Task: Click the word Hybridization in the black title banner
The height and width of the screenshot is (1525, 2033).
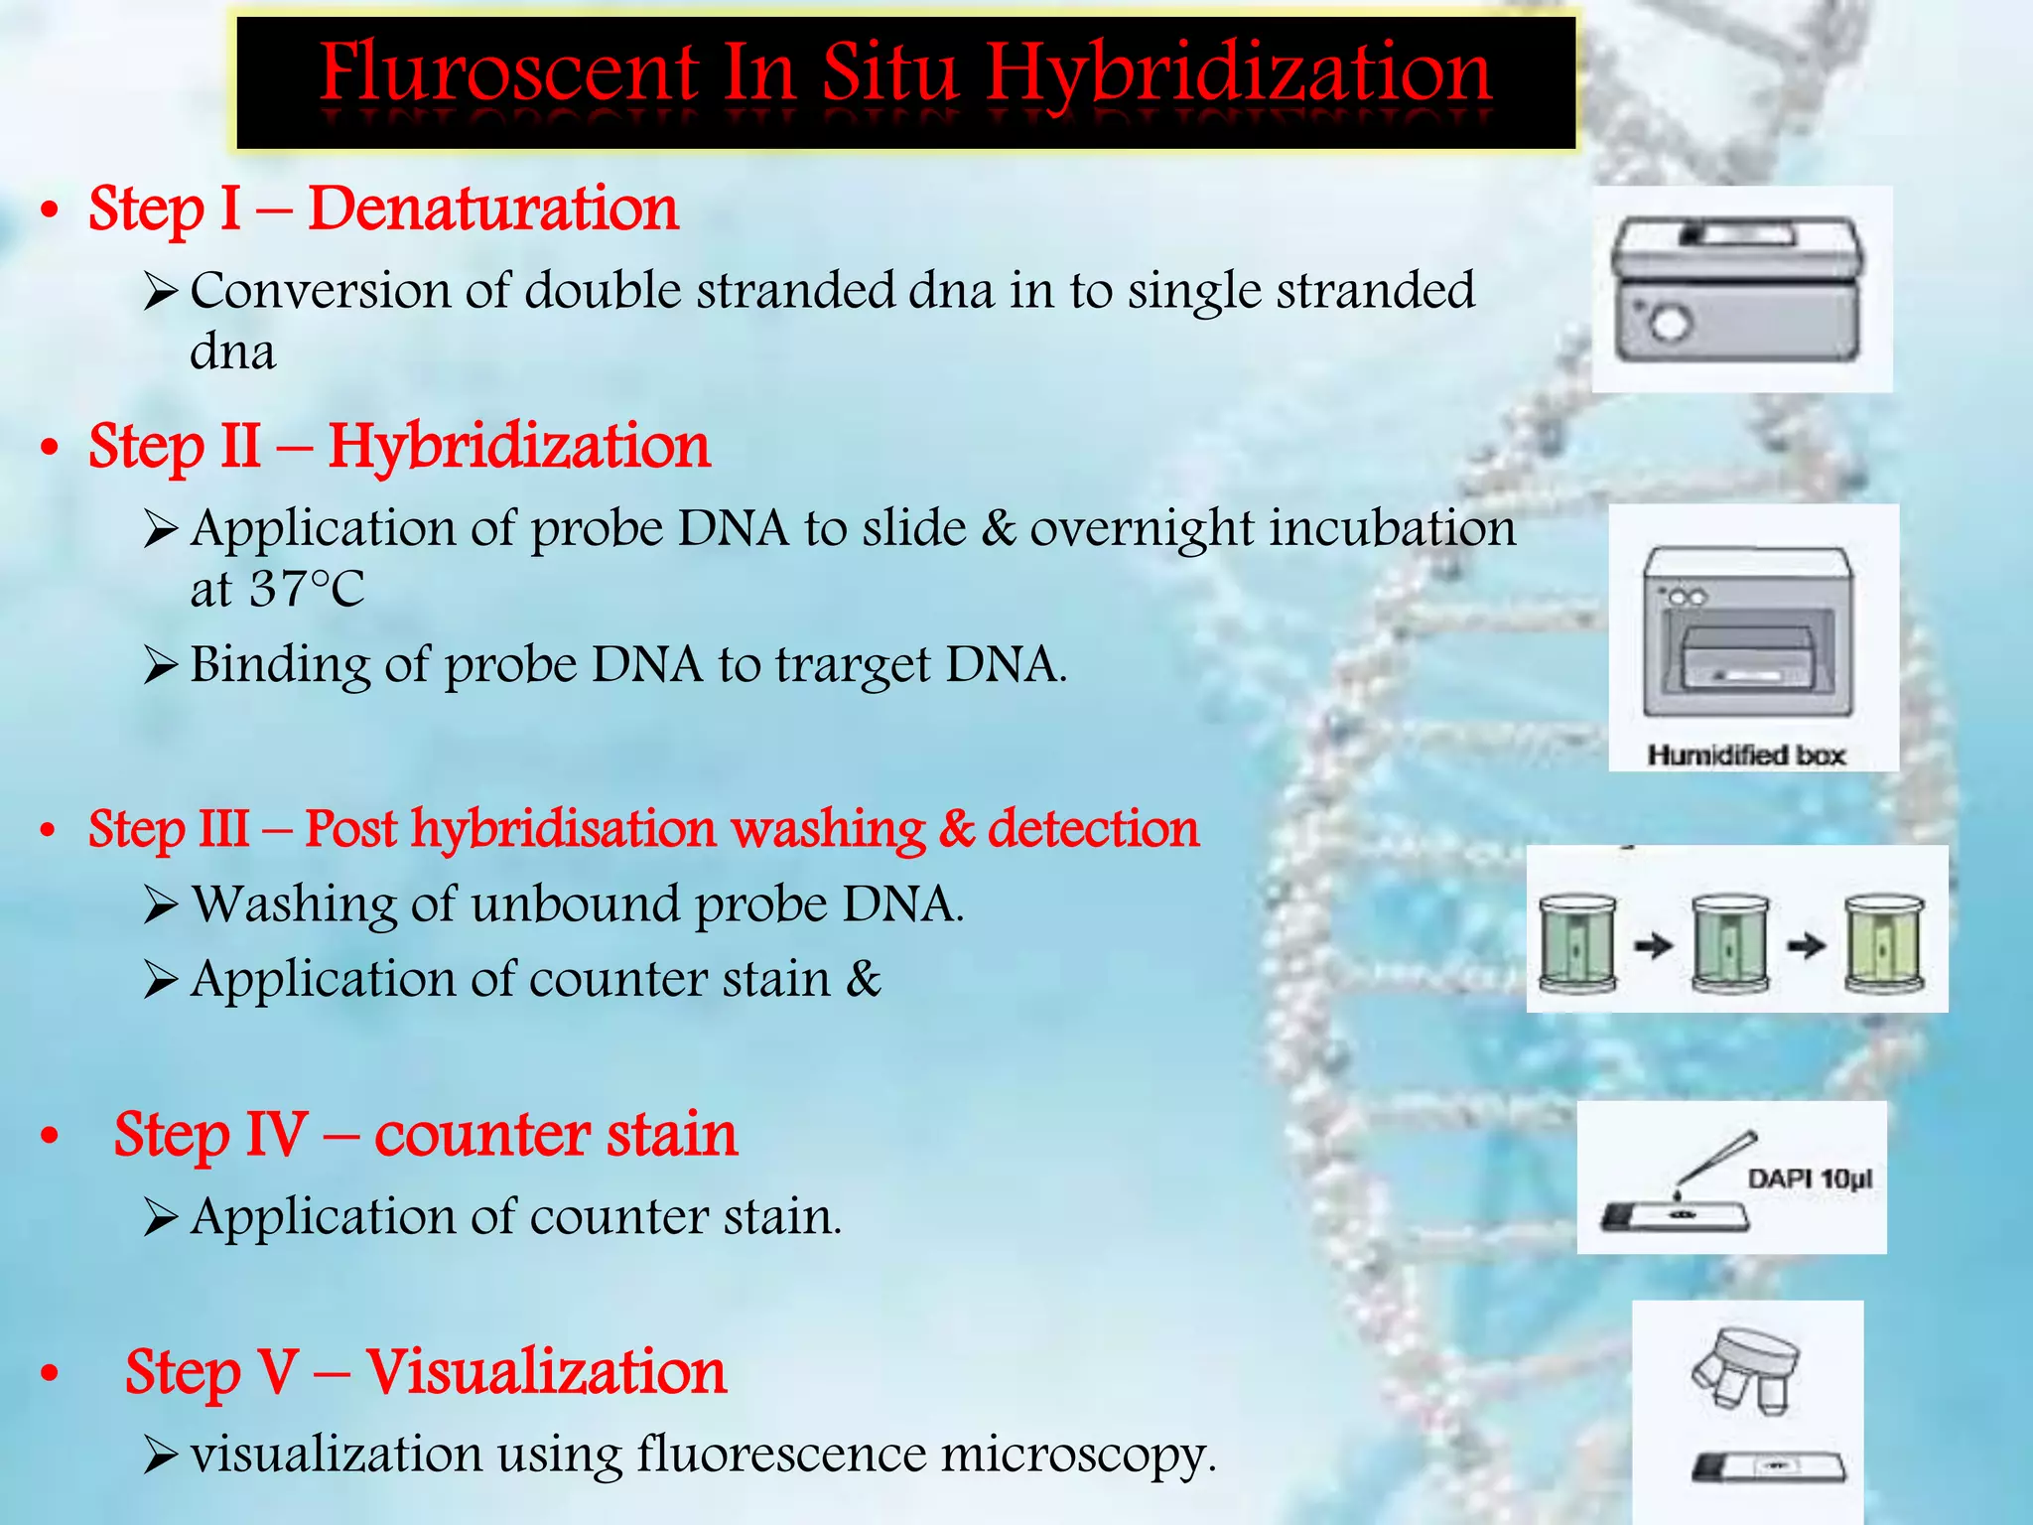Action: (x=1239, y=73)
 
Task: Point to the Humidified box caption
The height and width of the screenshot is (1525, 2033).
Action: (x=1746, y=756)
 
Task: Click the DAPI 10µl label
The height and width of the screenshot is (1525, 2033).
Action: (x=1810, y=1179)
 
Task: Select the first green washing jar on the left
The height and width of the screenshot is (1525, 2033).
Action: (x=1576, y=943)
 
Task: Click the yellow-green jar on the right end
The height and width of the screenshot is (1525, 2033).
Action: (x=1883, y=943)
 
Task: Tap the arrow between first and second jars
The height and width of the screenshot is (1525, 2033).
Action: (x=1654, y=945)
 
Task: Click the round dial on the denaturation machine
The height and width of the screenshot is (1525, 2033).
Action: (x=1670, y=324)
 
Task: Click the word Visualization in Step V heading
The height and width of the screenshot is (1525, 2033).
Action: (x=546, y=1372)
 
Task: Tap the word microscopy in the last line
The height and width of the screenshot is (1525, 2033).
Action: (x=1077, y=1455)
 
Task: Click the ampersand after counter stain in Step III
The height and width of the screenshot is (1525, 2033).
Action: (x=864, y=979)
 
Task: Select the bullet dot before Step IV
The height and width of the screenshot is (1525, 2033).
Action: (x=51, y=1137)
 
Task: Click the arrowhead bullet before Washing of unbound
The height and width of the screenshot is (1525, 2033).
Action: (x=160, y=904)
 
